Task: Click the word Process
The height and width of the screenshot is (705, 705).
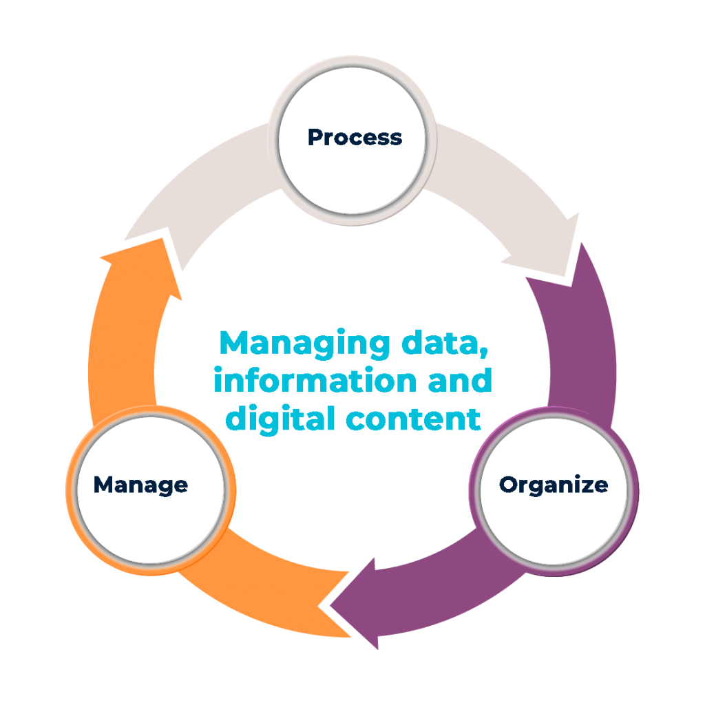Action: click(355, 137)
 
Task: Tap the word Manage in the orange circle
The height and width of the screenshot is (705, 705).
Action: click(140, 485)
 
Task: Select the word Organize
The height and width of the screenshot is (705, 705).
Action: click(554, 485)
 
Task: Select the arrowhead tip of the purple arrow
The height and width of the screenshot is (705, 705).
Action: click(333, 605)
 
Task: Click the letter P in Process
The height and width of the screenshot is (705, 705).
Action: click(315, 137)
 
